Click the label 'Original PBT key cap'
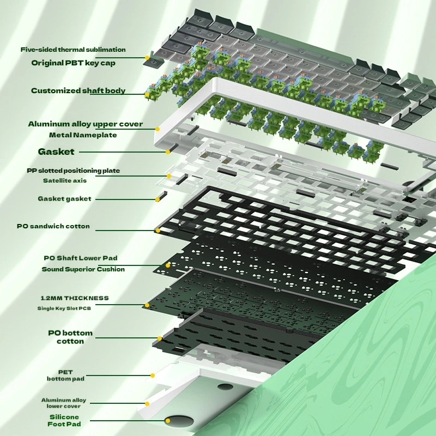point(73,63)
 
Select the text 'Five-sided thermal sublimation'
point(73,50)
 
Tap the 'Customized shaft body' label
point(78,90)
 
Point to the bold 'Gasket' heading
point(56,152)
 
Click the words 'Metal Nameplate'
point(83,135)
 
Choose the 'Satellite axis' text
point(65,181)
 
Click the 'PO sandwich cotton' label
point(53,226)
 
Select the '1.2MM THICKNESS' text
point(75,298)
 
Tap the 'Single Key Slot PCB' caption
point(64,308)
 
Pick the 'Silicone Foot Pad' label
point(64,420)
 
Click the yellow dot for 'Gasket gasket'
point(158,199)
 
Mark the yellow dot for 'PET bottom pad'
point(153,376)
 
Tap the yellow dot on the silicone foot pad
point(168,421)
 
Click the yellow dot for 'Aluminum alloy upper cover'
point(158,129)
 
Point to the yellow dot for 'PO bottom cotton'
point(160,338)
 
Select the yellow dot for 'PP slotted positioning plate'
point(169,176)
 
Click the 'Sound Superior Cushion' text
point(83,269)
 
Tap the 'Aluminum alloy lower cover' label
point(64,403)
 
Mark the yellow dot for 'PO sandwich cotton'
point(158,231)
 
